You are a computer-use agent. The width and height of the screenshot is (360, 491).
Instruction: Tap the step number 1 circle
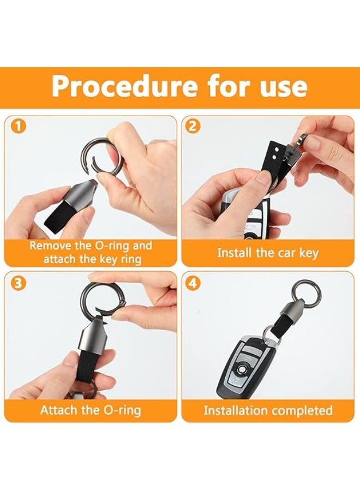click(x=19, y=127)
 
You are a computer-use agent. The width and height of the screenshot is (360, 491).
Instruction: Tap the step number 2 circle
click(x=194, y=127)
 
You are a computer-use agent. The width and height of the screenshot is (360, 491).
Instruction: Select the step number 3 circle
click(x=19, y=283)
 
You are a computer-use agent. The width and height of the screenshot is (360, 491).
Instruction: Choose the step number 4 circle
click(x=194, y=283)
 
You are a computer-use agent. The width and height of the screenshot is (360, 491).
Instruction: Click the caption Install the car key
click(x=267, y=253)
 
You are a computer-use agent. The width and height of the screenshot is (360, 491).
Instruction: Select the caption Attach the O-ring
click(x=90, y=410)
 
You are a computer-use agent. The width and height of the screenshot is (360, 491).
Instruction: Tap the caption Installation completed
click(x=268, y=410)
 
